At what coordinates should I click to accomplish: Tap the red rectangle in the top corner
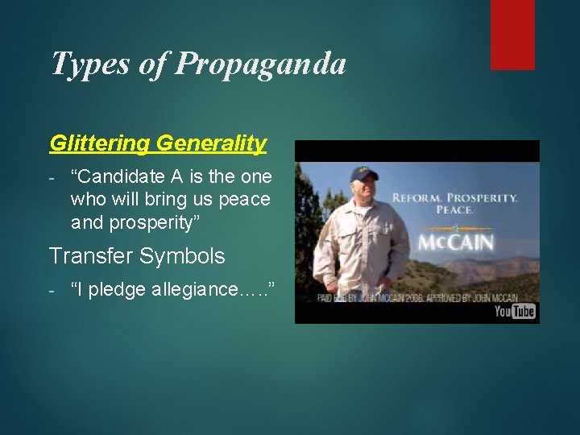(512, 34)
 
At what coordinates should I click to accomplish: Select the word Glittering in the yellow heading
(100, 143)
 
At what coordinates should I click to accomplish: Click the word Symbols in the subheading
(183, 256)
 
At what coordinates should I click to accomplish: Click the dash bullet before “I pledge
(53, 290)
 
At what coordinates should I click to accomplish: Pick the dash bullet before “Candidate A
(53, 176)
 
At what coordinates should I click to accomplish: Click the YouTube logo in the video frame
(514, 311)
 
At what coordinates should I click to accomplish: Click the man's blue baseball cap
(364, 173)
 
